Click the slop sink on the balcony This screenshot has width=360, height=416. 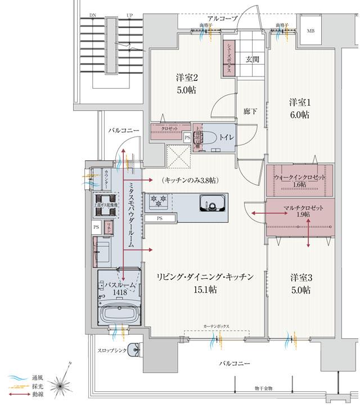click(134, 350)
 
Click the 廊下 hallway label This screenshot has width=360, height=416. click(250, 111)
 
